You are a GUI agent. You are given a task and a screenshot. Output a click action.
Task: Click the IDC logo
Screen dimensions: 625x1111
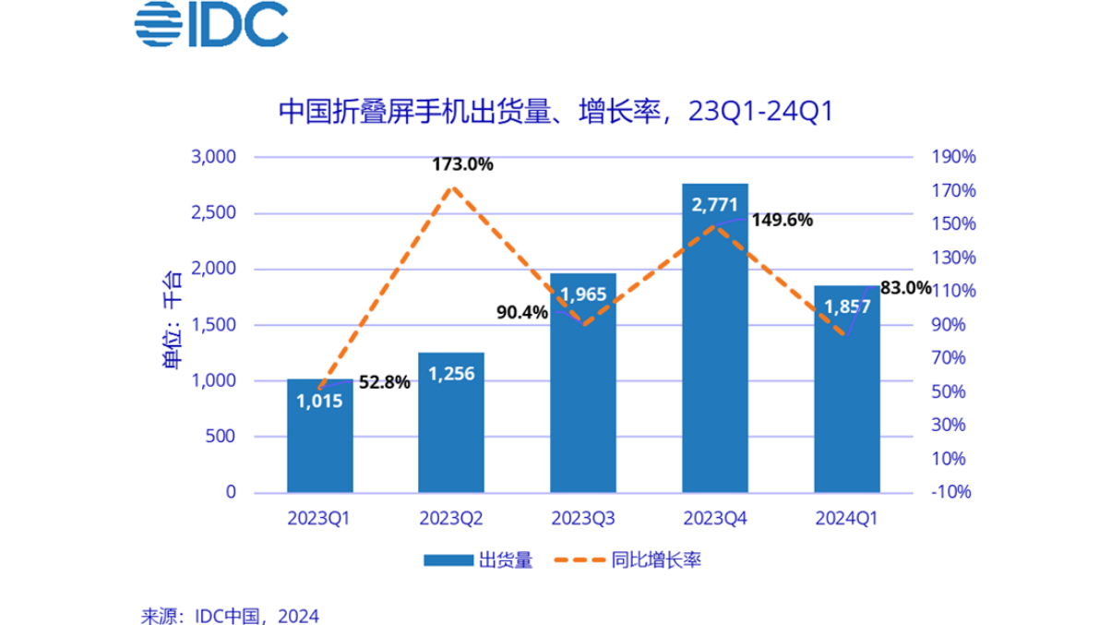pyautogui.click(x=210, y=27)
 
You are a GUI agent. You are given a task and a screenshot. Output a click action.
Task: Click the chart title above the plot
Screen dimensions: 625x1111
pyautogui.click(x=556, y=113)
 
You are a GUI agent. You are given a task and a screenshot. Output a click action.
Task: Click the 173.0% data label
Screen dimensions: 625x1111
pyautogui.click(x=462, y=165)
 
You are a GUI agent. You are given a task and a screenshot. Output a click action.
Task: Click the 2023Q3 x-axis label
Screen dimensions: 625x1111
pyautogui.click(x=583, y=518)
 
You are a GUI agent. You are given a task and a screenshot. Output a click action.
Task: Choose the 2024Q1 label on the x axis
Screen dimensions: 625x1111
pyautogui.click(x=846, y=518)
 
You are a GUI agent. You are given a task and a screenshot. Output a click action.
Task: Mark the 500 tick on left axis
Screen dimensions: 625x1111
pyautogui.click(x=222, y=437)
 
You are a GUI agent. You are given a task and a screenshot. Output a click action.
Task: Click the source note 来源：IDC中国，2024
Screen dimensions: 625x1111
pyautogui.click(x=230, y=614)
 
